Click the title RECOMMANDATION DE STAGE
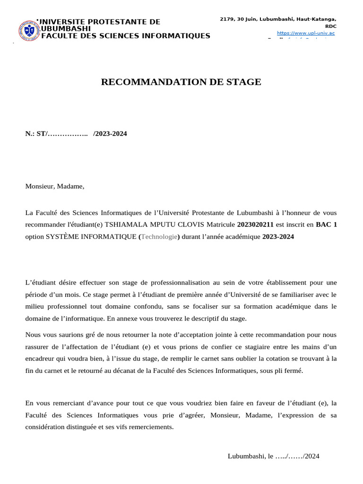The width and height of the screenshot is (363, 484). [181, 82]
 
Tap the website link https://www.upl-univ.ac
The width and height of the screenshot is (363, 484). [305, 33]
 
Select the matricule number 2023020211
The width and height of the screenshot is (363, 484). [255, 225]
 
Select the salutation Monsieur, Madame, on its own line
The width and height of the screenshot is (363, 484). [55, 186]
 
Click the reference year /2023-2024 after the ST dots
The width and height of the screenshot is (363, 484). [110, 134]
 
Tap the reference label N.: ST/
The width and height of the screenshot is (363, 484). [36, 134]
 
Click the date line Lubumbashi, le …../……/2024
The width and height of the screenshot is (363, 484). [274, 456]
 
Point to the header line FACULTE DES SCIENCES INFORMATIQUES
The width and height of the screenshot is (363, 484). [126, 36]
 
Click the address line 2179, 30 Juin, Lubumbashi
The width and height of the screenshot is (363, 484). [278, 19]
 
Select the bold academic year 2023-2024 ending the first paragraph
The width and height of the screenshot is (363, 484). [278, 237]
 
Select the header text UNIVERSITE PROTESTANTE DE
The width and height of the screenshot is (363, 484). [99, 22]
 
